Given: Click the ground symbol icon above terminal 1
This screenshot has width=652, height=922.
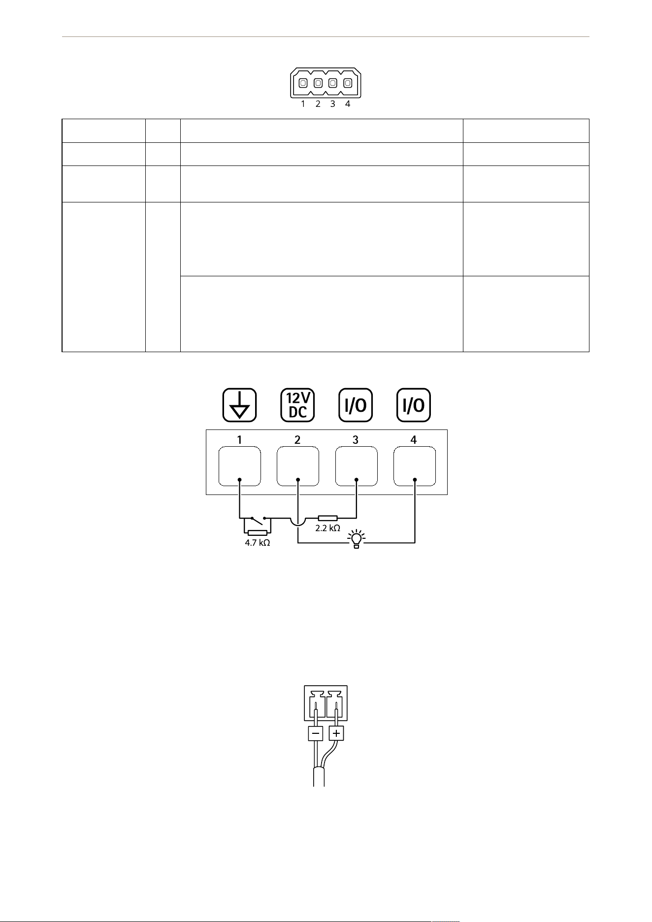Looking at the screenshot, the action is (x=239, y=405).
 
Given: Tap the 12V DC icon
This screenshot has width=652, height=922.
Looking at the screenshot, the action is (x=297, y=405).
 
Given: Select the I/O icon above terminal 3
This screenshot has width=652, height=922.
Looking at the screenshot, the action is (x=356, y=405).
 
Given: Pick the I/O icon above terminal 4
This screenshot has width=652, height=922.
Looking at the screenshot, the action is (x=414, y=405).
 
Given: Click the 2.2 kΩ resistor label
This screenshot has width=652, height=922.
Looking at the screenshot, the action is (x=327, y=528).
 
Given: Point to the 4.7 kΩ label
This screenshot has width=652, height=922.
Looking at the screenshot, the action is (x=258, y=544).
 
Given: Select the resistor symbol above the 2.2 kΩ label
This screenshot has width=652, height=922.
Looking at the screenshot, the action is (x=327, y=518).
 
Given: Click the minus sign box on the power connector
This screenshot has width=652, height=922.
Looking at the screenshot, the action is (x=316, y=734).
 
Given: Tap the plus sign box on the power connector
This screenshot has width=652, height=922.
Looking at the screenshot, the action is (x=336, y=734).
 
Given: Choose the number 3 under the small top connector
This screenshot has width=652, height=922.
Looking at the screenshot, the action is (x=333, y=104).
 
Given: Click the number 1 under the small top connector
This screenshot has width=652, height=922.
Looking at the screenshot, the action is (x=303, y=104).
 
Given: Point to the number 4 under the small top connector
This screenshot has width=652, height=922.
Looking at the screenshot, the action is (x=348, y=104).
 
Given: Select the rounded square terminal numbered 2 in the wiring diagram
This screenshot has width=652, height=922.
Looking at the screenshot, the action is (x=297, y=466).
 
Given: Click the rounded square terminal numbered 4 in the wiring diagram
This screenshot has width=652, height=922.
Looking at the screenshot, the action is (x=415, y=466).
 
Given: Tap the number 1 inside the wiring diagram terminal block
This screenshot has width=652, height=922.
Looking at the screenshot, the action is (x=239, y=440).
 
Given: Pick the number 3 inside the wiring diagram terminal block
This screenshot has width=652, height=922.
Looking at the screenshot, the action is (x=356, y=440).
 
